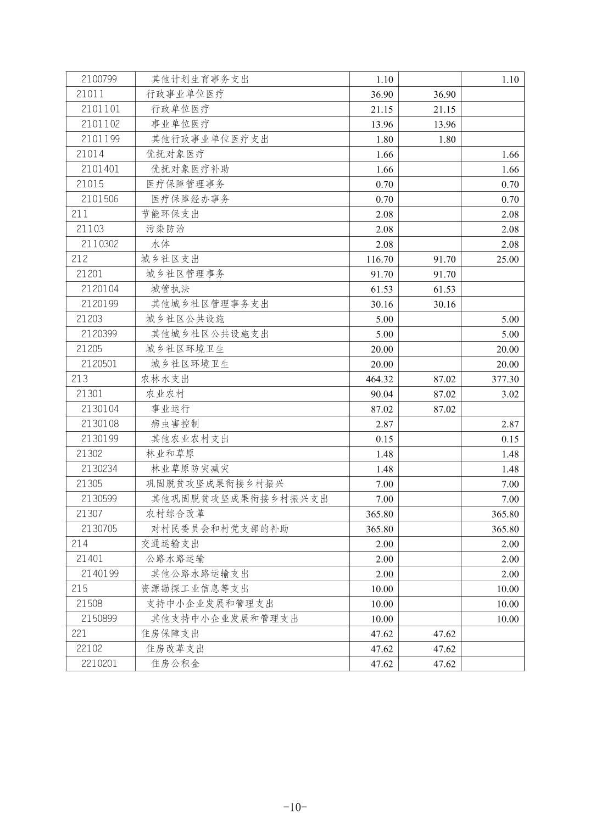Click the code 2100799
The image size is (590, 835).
tap(99, 79)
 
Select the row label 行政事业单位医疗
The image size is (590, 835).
tap(185, 94)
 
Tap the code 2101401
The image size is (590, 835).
tap(100, 169)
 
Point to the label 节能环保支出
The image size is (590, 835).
tap(170, 214)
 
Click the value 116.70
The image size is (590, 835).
tap(380, 259)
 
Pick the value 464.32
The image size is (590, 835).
tap(380, 379)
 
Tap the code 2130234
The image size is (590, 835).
tap(99, 469)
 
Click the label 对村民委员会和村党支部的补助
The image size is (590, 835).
tap(220, 528)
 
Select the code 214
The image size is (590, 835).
tap(80, 543)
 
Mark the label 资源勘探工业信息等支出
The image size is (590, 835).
tap(195, 588)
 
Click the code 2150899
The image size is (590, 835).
tap(99, 619)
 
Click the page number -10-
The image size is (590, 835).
tap(295, 807)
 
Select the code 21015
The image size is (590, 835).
tap(90, 184)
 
